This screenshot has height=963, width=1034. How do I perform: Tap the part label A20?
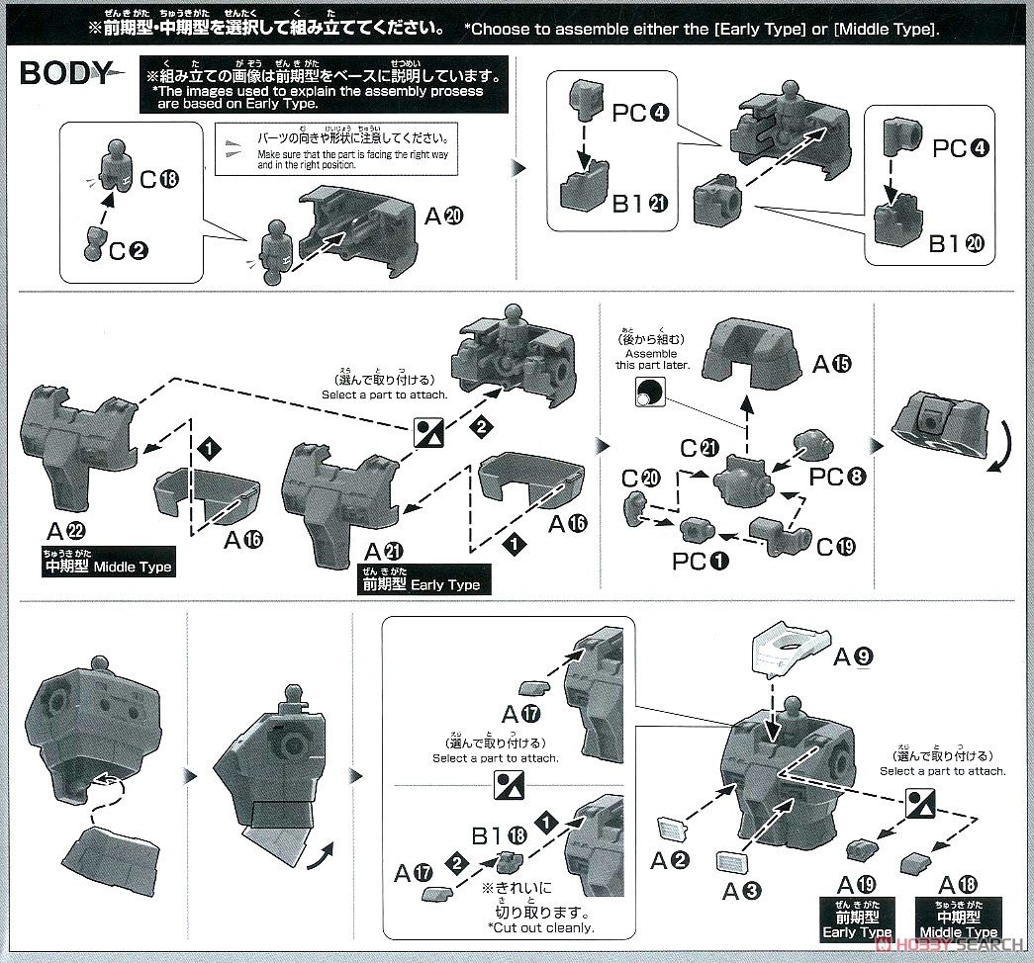click(x=443, y=216)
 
